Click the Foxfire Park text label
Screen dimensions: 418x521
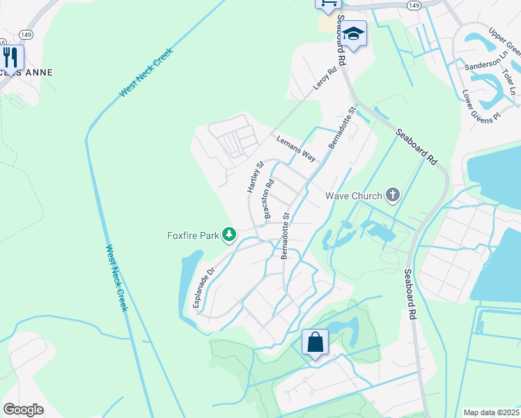click(193, 235)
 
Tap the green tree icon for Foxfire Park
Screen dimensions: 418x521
click(228, 235)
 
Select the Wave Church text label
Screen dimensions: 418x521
click(354, 195)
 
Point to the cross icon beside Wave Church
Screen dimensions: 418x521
click(393, 195)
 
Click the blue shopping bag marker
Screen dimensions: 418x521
click(315, 343)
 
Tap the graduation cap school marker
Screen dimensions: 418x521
click(354, 34)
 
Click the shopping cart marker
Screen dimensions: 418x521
click(328, 3)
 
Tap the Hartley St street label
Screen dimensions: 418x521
click(254, 177)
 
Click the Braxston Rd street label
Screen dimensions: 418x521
click(268, 201)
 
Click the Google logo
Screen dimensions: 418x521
click(23, 409)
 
